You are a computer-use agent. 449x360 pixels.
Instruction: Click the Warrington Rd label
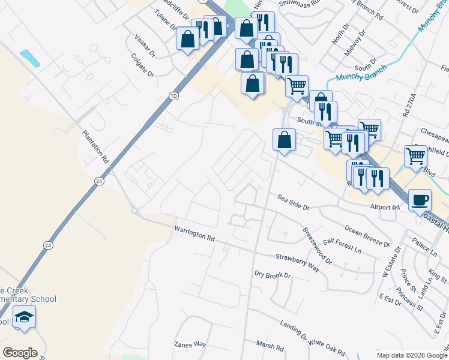[194, 234]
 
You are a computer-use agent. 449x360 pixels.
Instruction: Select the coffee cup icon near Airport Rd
[420, 199]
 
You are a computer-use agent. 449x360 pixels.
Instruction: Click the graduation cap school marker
[24, 317]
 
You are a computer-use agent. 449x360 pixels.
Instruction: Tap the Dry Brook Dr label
[272, 275]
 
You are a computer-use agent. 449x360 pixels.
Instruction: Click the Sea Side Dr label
[293, 202]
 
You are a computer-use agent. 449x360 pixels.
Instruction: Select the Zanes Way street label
[190, 344]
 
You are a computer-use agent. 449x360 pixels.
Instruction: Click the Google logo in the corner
[20, 353]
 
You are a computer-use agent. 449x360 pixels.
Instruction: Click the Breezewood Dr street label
[317, 244]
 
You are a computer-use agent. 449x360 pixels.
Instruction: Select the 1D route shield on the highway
[174, 96]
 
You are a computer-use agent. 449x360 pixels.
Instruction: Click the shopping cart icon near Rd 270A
[415, 155]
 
